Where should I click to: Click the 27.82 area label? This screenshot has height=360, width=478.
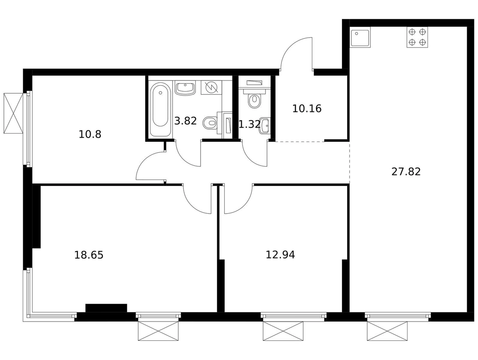406,172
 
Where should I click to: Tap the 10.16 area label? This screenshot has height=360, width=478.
307,109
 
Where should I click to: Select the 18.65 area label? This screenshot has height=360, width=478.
89,255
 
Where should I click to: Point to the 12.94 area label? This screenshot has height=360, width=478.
280,255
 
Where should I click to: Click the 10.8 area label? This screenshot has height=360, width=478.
90,134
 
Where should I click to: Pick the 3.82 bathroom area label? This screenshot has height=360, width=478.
185,121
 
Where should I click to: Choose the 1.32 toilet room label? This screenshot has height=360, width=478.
250,124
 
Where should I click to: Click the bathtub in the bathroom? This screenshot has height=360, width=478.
161,109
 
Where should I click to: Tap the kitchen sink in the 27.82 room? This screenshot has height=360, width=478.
360,38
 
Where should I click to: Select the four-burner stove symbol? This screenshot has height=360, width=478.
417,37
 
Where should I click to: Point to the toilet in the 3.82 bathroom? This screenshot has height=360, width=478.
210,123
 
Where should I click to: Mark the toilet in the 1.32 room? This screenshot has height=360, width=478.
254,100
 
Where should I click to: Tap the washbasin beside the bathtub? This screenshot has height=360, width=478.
185,88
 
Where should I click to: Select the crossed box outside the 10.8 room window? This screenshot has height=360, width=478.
13,113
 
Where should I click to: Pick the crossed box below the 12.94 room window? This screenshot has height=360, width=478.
283,331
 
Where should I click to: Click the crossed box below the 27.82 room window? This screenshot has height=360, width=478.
387,331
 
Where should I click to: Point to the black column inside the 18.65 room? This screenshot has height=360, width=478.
106,308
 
